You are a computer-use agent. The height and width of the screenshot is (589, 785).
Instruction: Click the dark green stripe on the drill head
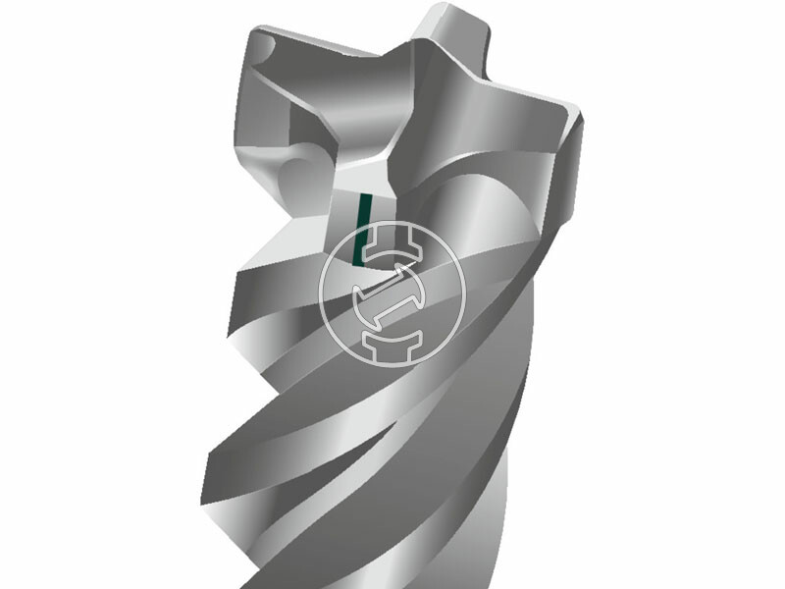tap(362, 230)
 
